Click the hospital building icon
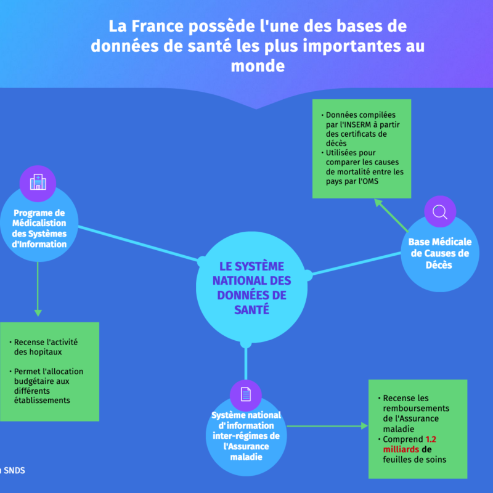pos(38,182)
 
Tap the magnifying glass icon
pos(440,212)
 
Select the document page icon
pos(245,394)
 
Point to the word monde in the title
pos(258,66)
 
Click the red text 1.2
pos(431,439)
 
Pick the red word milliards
pos(401,450)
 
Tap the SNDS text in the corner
pos(14,470)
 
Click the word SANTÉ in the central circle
pos(251,310)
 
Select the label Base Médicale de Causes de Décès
pos(439,253)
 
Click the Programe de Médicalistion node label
pos(39,229)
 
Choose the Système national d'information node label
pos(246,436)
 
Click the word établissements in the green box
pos(42,401)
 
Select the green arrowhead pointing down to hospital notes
pos(38,313)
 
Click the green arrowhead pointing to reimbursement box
pos(364,426)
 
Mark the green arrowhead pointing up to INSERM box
pos(378,203)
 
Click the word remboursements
pos(416,409)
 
